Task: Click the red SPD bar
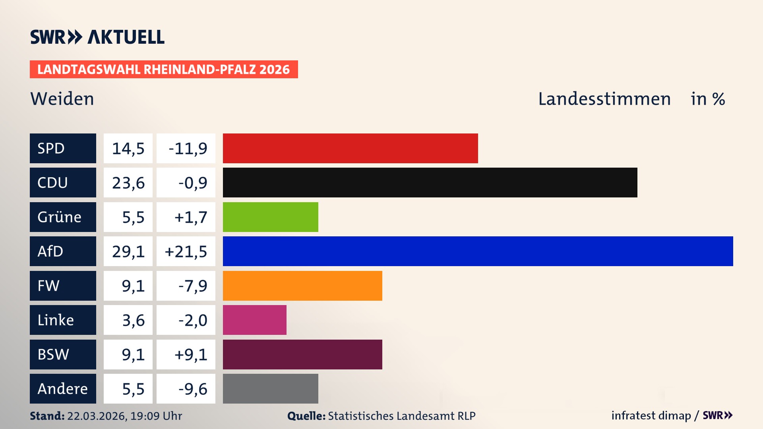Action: click(x=350, y=148)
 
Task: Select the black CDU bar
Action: click(x=430, y=183)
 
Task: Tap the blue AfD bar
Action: click(x=478, y=251)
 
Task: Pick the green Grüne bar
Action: click(x=270, y=217)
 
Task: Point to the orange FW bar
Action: click(x=302, y=286)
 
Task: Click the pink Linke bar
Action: click(x=254, y=320)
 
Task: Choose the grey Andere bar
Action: click(x=270, y=388)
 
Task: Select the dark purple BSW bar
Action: click(x=302, y=354)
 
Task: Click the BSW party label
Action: click(x=63, y=354)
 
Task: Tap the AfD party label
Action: click(x=63, y=251)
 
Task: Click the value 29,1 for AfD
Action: click(x=128, y=251)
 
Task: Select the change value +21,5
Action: click(x=186, y=251)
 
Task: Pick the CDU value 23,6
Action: click(x=128, y=183)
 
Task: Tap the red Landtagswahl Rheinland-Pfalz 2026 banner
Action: click(x=163, y=70)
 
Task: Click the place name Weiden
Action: click(x=62, y=99)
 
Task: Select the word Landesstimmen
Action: click(x=604, y=99)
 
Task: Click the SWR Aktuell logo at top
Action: click(x=97, y=37)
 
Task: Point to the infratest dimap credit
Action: click(x=651, y=415)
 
